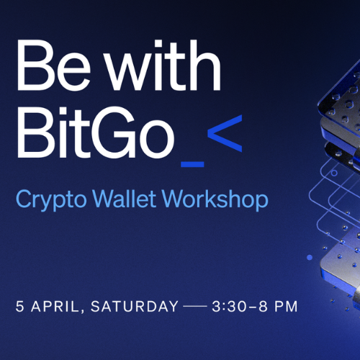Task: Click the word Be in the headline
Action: (x=54, y=66)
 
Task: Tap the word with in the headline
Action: (x=163, y=66)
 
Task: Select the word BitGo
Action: (x=96, y=132)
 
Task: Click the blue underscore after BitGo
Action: (x=192, y=164)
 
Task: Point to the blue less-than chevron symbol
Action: (x=225, y=133)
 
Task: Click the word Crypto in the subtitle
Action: (x=51, y=200)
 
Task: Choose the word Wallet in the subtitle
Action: (x=125, y=199)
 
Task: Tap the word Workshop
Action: (x=215, y=200)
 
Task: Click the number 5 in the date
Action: (x=20, y=306)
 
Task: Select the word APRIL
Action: (x=55, y=307)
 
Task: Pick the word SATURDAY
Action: (x=135, y=306)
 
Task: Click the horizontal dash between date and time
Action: (x=195, y=306)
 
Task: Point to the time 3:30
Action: (x=229, y=306)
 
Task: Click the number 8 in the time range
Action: (x=263, y=306)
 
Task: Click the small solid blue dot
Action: (x=310, y=257)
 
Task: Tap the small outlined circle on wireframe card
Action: (x=334, y=173)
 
